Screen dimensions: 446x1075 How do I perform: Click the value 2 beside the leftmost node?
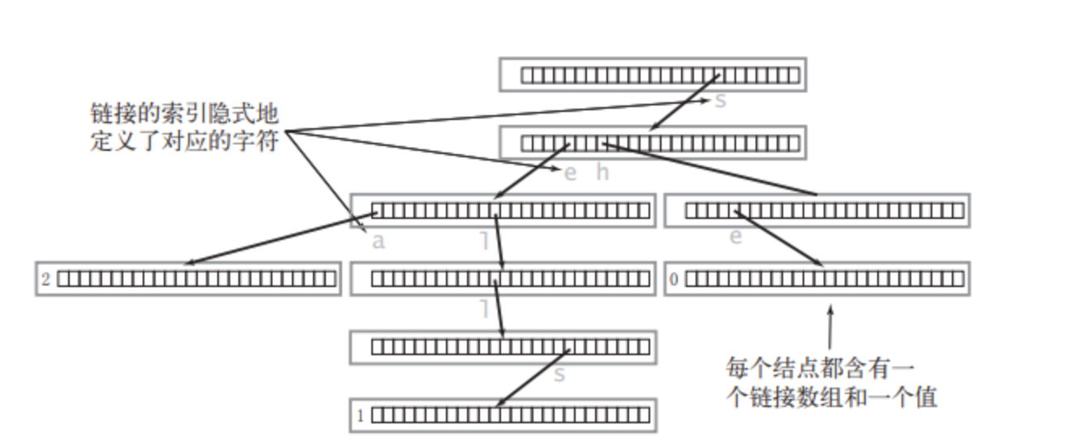tap(46, 279)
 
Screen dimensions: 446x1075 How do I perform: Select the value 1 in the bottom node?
tap(361, 416)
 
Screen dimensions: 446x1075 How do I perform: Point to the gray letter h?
tap(602, 172)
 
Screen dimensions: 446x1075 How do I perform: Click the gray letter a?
tap(378, 241)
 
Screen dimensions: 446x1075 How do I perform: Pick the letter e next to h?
tap(570, 172)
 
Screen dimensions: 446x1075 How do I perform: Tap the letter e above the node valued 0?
tap(735, 238)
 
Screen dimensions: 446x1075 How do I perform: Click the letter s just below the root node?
tap(720, 101)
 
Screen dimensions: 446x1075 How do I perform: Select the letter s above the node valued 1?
tap(559, 375)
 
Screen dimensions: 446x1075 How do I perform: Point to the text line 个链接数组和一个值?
tap(831, 397)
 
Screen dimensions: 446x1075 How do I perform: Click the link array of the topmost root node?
tap(659, 75)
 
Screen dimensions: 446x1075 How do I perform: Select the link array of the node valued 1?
tap(510, 416)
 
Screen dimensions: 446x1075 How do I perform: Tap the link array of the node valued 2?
tap(196, 279)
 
